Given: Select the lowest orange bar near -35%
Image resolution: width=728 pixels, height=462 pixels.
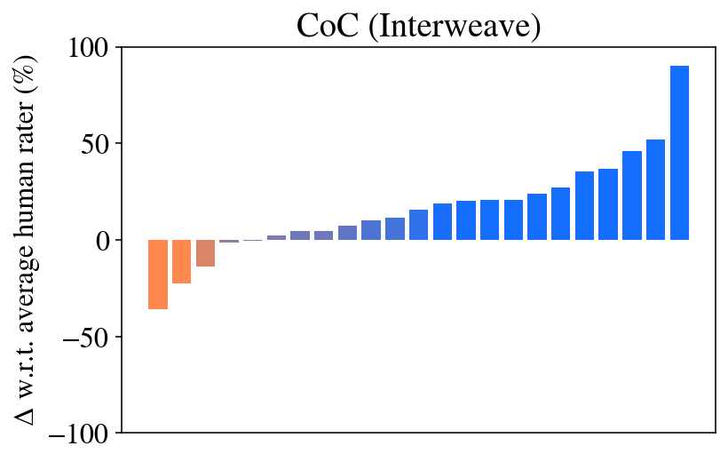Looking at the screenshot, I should click(x=158, y=275).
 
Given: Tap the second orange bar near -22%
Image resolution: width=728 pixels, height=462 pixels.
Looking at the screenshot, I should click(x=182, y=261).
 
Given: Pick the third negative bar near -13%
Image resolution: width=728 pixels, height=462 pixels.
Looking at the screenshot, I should click(x=205, y=253).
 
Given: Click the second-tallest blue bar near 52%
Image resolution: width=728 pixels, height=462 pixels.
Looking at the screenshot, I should click(x=655, y=189).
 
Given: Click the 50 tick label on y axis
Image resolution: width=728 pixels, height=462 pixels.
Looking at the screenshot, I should click(x=94, y=144).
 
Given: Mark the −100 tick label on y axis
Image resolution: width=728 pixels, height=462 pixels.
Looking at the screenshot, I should click(x=81, y=434).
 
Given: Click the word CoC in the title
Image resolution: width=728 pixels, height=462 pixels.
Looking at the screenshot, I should click(x=323, y=24).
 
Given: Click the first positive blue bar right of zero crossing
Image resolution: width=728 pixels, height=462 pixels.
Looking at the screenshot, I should click(x=276, y=237).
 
